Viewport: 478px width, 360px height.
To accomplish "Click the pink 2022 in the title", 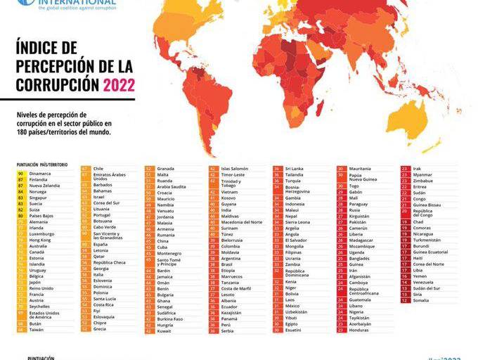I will [x=119, y=86].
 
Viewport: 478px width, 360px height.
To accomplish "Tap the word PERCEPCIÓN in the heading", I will [x=51, y=67].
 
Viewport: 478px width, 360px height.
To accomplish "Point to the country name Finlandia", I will [x=40, y=179].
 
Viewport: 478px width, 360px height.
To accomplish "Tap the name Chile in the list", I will [x=98, y=169].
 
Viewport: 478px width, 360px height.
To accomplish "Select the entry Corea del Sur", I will [x=107, y=202].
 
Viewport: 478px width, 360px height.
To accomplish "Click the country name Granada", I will [x=166, y=169].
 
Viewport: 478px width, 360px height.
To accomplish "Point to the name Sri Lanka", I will [x=295, y=169].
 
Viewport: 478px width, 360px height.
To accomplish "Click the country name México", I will [x=292, y=306].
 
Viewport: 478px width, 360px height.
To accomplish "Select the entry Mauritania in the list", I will [x=360, y=169].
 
